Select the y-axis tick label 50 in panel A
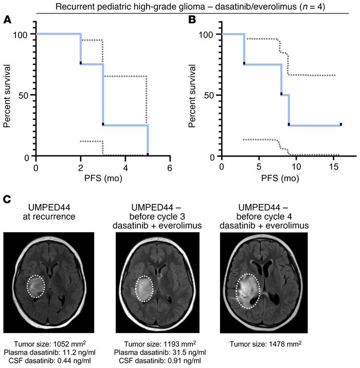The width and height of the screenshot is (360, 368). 24,95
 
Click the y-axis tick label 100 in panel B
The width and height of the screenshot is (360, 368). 207,34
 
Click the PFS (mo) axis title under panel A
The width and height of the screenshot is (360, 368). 103,180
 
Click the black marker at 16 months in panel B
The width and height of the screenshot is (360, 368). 340,125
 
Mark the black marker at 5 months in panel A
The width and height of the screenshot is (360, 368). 148,154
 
